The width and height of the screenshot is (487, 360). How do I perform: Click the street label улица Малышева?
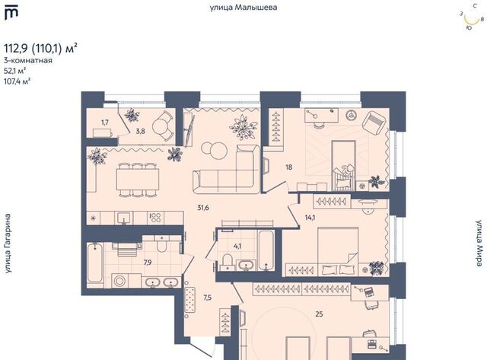(243, 8)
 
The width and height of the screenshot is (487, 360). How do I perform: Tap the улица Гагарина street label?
(8, 244)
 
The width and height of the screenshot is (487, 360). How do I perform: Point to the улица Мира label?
(480, 244)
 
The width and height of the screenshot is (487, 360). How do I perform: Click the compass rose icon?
(472, 18)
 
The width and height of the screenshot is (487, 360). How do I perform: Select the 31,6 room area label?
(203, 208)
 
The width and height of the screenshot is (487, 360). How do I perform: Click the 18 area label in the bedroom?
(289, 167)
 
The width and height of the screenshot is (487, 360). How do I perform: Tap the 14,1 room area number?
(310, 218)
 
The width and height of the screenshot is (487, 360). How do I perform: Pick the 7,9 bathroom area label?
(148, 263)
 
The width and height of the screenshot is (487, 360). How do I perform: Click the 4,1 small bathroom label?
(237, 247)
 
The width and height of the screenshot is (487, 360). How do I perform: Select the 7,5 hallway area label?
(208, 298)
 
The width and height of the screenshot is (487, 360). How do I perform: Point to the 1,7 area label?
(105, 123)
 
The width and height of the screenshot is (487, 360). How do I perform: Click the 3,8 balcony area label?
(140, 131)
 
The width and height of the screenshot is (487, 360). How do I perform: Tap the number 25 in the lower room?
(319, 314)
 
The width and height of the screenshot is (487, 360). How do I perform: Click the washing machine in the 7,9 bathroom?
(119, 281)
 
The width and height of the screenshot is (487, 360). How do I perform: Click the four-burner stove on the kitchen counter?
(155, 218)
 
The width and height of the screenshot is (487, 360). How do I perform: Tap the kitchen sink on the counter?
(123, 218)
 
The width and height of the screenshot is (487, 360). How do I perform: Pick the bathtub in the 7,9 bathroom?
(94, 263)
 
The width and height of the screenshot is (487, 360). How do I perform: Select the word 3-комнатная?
(28, 61)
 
